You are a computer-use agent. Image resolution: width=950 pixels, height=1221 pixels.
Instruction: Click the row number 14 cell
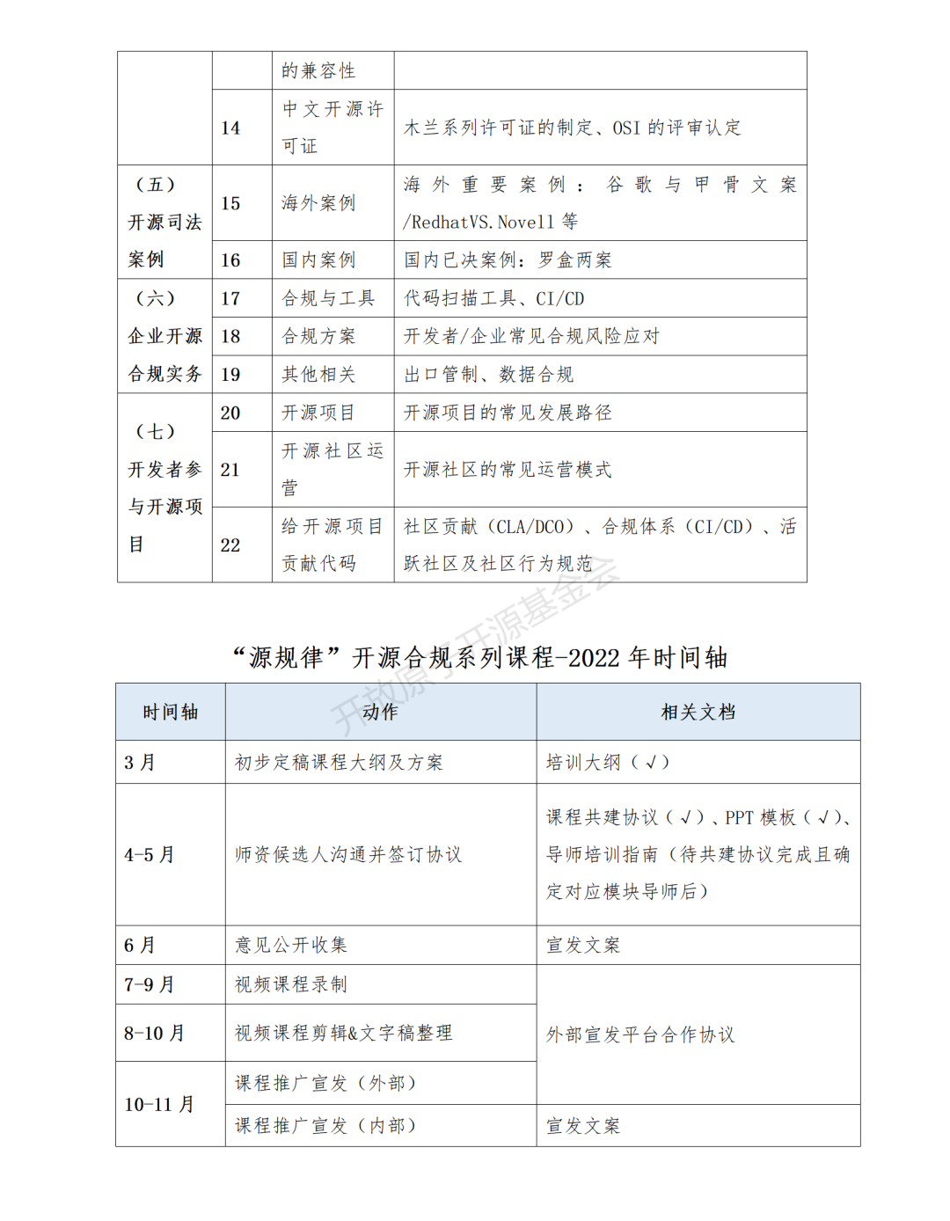click(x=230, y=128)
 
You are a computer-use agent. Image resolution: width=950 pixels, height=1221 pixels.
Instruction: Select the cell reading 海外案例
click(x=318, y=203)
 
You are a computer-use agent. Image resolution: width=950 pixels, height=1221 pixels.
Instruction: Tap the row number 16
click(x=230, y=260)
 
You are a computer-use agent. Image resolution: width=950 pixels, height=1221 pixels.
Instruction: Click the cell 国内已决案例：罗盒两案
click(x=508, y=260)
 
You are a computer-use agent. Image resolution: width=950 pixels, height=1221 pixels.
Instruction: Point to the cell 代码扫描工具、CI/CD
click(x=493, y=299)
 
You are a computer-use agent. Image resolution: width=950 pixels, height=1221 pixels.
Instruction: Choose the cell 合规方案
click(x=318, y=337)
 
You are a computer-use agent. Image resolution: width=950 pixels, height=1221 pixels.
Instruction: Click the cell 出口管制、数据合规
click(x=488, y=375)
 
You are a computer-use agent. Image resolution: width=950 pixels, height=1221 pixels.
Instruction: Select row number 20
click(x=230, y=413)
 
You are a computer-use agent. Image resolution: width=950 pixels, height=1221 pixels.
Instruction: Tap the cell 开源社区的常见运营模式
click(x=507, y=470)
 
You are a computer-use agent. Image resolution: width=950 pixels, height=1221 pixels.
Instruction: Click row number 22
click(x=230, y=545)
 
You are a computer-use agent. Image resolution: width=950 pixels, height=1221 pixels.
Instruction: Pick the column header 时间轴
click(x=171, y=712)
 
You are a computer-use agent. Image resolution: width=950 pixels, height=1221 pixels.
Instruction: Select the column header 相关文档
click(x=698, y=712)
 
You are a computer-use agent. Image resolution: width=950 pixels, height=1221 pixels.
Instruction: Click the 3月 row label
click(x=140, y=763)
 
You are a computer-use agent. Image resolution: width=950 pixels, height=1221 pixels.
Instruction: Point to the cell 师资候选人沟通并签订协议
click(x=347, y=855)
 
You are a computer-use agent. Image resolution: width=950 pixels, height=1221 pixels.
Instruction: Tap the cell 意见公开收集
click(x=291, y=946)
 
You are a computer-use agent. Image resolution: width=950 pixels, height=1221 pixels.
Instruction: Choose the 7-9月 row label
click(x=150, y=985)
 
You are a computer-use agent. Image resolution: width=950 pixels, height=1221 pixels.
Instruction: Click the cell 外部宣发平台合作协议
click(x=640, y=1035)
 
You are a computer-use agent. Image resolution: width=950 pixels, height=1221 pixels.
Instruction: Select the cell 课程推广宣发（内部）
click(x=325, y=1126)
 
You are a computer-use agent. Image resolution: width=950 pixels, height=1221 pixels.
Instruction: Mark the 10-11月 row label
click(x=159, y=1105)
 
